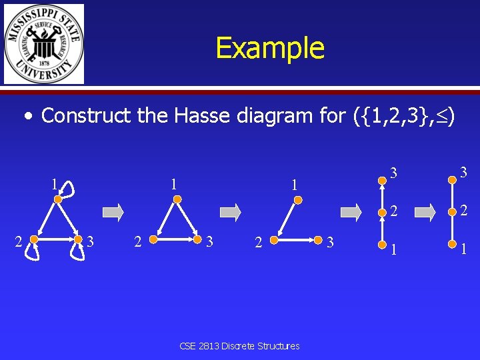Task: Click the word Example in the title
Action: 270,48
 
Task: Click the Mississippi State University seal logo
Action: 44,44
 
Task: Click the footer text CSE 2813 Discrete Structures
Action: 240,346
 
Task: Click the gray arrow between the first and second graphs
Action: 114,213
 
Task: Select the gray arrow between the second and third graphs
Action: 231,213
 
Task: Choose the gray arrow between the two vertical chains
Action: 421,213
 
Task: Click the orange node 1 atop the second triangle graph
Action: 175,199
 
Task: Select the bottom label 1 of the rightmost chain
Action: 463,249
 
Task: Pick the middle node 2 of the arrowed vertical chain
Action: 382,211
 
